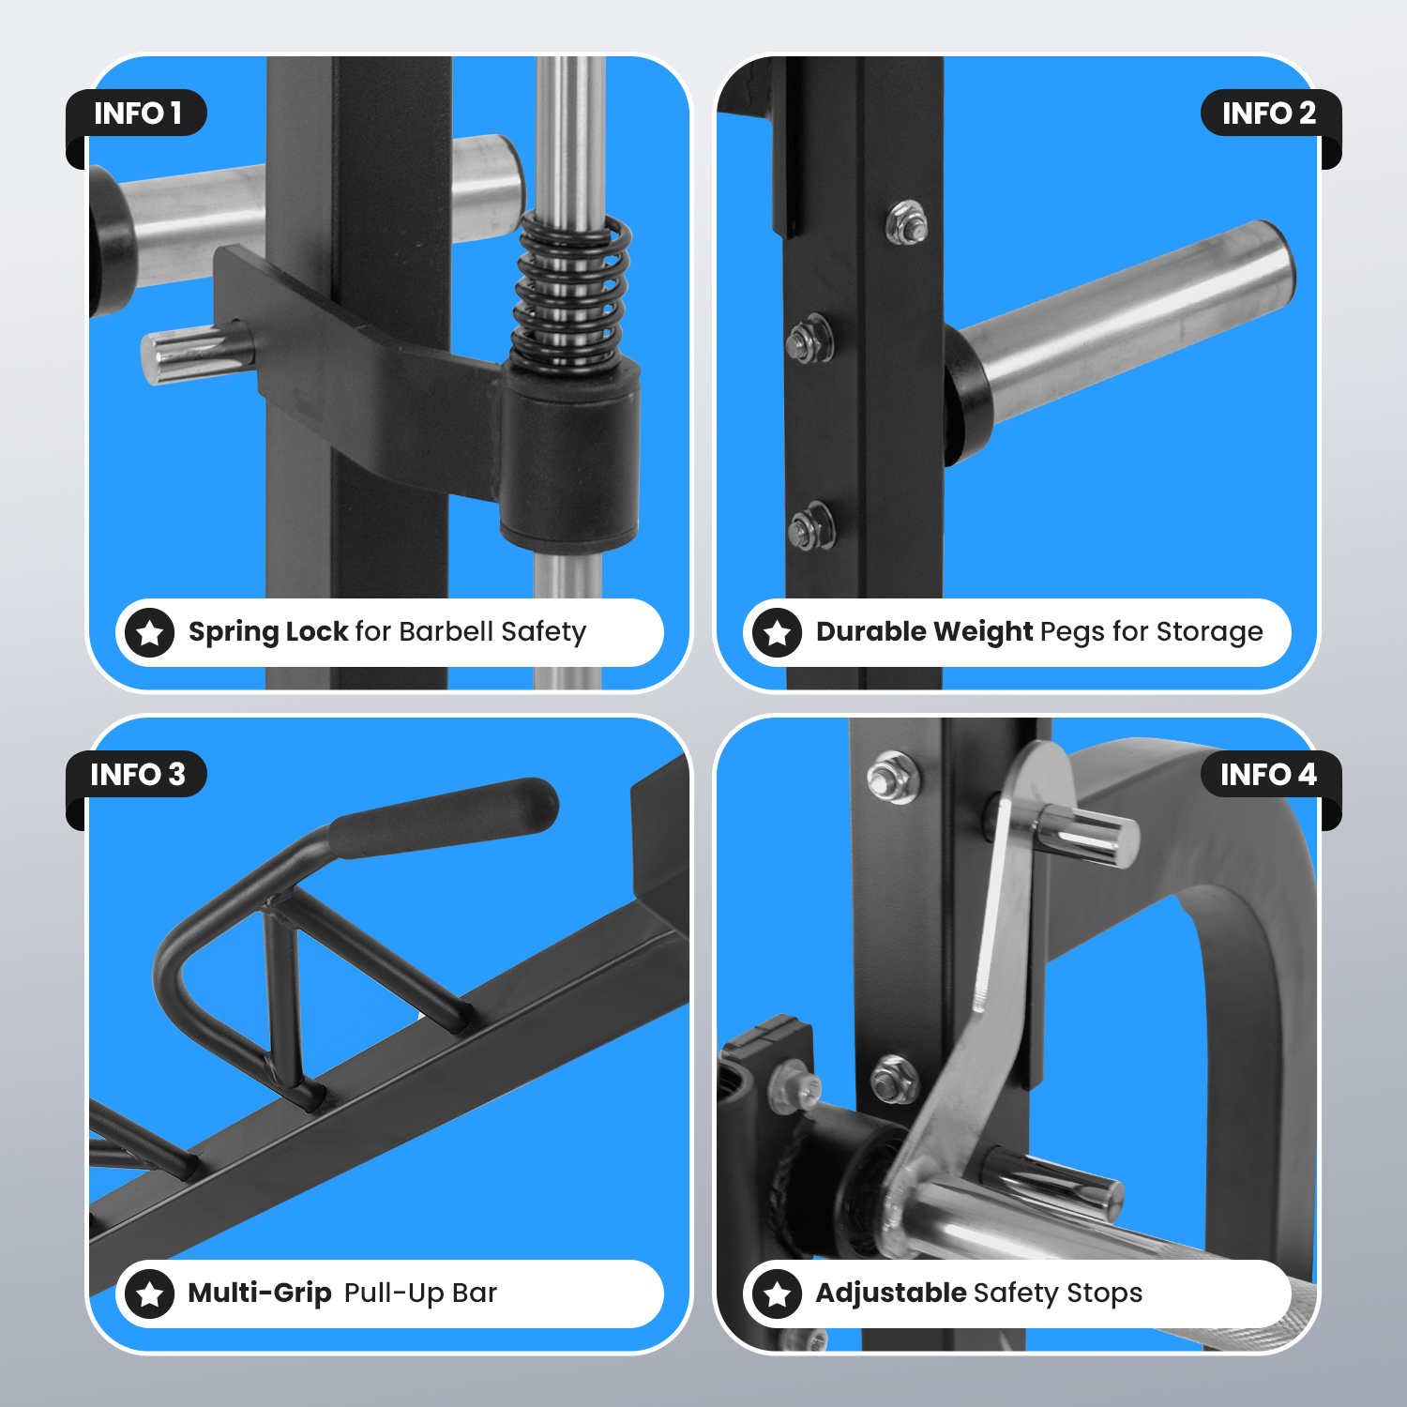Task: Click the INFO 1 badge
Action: pyautogui.click(x=137, y=113)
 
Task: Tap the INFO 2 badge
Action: pyautogui.click(x=1269, y=113)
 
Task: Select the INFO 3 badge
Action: pyautogui.click(x=137, y=775)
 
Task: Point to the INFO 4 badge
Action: pyautogui.click(x=1269, y=775)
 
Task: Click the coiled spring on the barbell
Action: pyautogui.click(x=571, y=292)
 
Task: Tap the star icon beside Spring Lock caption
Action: pyautogui.click(x=150, y=633)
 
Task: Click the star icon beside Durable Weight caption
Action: pyautogui.click(x=777, y=633)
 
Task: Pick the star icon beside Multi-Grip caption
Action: pyautogui.click(x=150, y=1294)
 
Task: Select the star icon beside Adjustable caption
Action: pyautogui.click(x=777, y=1294)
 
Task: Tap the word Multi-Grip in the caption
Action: pyautogui.click(x=260, y=1294)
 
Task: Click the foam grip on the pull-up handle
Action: pyautogui.click(x=446, y=817)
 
